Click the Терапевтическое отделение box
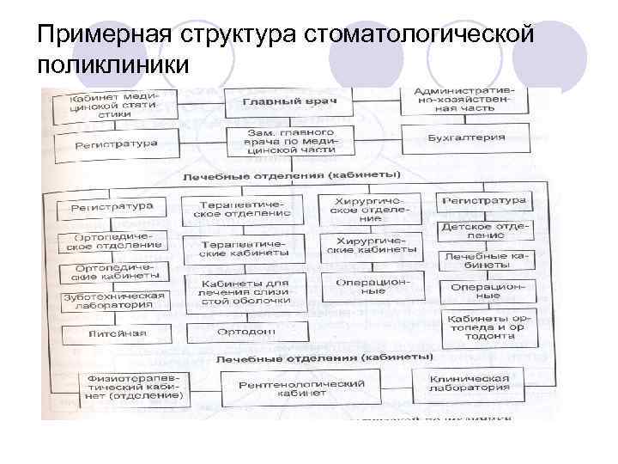[245, 209]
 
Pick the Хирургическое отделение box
[370, 209]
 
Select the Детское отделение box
[485, 230]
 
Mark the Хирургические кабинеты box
[370, 247]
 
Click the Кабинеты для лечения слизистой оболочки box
[245, 291]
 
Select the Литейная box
[116, 333]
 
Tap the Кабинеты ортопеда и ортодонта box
[485, 327]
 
